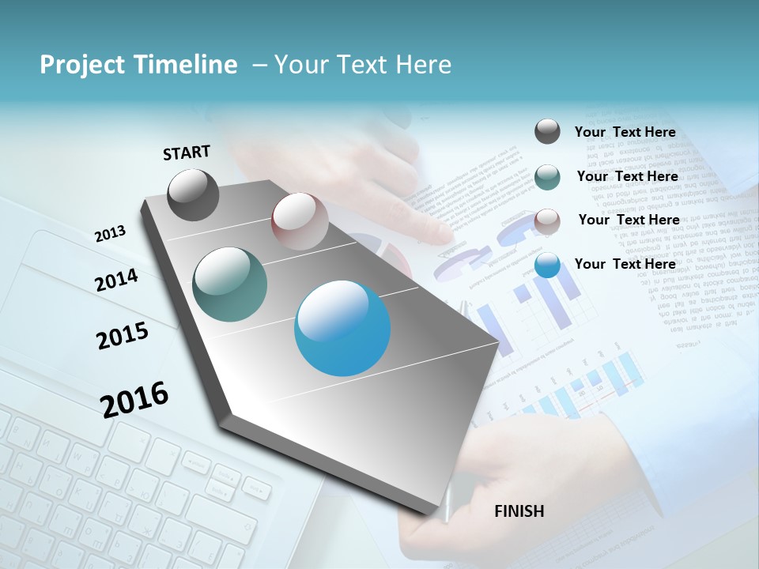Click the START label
click(187, 153)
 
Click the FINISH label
click(519, 511)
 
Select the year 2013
click(111, 234)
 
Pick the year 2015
click(123, 336)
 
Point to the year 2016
click(134, 399)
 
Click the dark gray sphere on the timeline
click(194, 194)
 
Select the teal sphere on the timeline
click(230, 284)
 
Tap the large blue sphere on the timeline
click(342, 328)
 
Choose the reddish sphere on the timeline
click(300, 221)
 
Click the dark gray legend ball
click(547, 131)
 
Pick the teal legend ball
click(547, 176)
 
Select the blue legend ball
click(547, 265)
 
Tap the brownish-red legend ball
click(547, 220)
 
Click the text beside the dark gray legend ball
click(625, 132)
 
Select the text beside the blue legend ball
click(625, 264)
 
